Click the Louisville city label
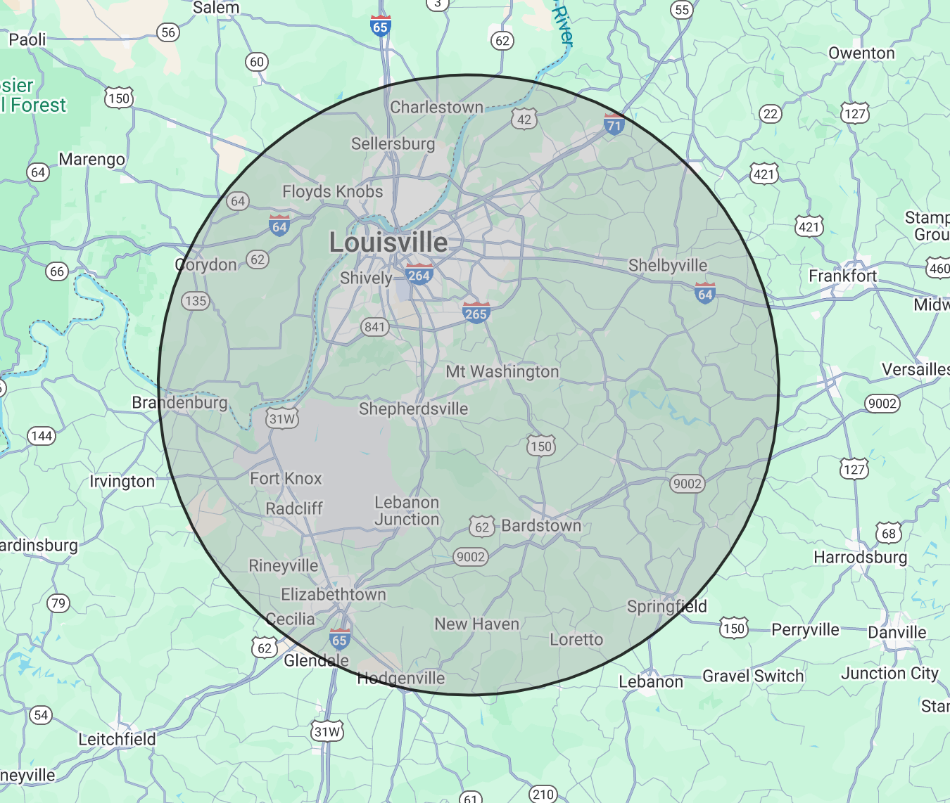pyautogui.click(x=388, y=243)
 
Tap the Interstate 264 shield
pyautogui.click(x=419, y=274)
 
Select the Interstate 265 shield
pyautogui.click(x=476, y=313)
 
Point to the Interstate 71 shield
pyautogui.click(x=614, y=125)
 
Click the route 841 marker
pyautogui.click(x=374, y=326)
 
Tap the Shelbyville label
pyautogui.click(x=667, y=265)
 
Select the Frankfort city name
pyautogui.click(x=842, y=276)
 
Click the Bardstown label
pyautogui.click(x=541, y=525)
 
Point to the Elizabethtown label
pyautogui.click(x=334, y=594)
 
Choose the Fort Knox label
pyautogui.click(x=286, y=478)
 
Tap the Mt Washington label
pyautogui.click(x=502, y=371)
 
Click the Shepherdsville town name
pyautogui.click(x=413, y=409)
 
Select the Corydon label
pyautogui.click(x=206, y=264)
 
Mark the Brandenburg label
pyautogui.click(x=179, y=402)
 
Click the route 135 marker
pyautogui.click(x=195, y=301)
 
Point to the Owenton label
pyautogui.click(x=861, y=53)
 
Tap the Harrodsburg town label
pyautogui.click(x=860, y=557)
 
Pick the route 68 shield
pyautogui.click(x=889, y=533)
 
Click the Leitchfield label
pyautogui.click(x=117, y=739)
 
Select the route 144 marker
pyautogui.click(x=42, y=436)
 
